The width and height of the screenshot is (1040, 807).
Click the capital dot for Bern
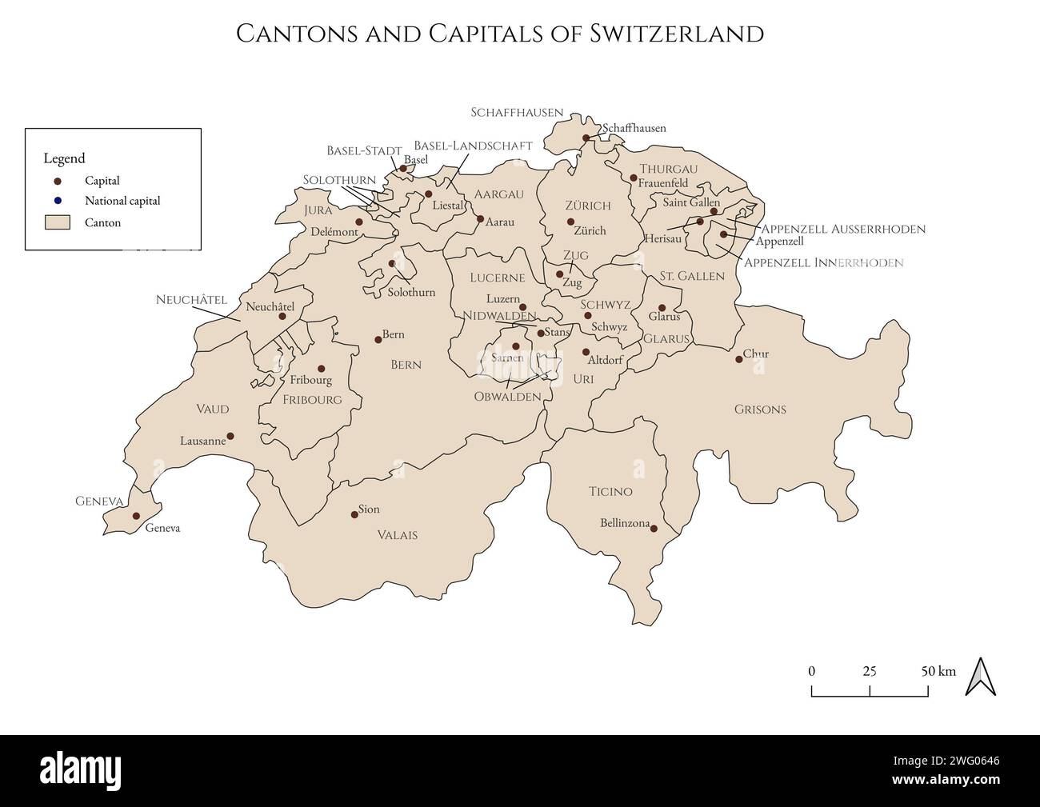378,340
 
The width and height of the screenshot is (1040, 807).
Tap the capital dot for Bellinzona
654,528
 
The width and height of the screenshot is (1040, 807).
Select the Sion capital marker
354,514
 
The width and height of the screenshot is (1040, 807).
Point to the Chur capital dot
738,359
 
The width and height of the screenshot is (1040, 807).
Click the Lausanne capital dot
230,437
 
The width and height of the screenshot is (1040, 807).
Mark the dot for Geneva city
136,517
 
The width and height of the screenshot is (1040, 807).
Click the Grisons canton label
760,409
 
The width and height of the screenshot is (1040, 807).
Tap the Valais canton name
398,535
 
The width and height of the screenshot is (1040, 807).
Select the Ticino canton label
610,492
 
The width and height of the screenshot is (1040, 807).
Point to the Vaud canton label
213,409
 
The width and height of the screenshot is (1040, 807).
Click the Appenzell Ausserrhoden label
845,230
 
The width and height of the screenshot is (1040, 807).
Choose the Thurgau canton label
668,169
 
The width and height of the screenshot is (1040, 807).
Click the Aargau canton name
498,194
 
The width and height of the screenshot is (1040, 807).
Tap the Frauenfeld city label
662,183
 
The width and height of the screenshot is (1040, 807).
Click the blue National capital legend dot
58,201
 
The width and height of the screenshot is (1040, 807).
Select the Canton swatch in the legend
58,222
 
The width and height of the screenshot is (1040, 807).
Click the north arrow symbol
980,677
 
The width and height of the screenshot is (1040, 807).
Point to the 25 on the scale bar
870,671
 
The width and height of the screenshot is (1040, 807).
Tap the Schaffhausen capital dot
586,138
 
